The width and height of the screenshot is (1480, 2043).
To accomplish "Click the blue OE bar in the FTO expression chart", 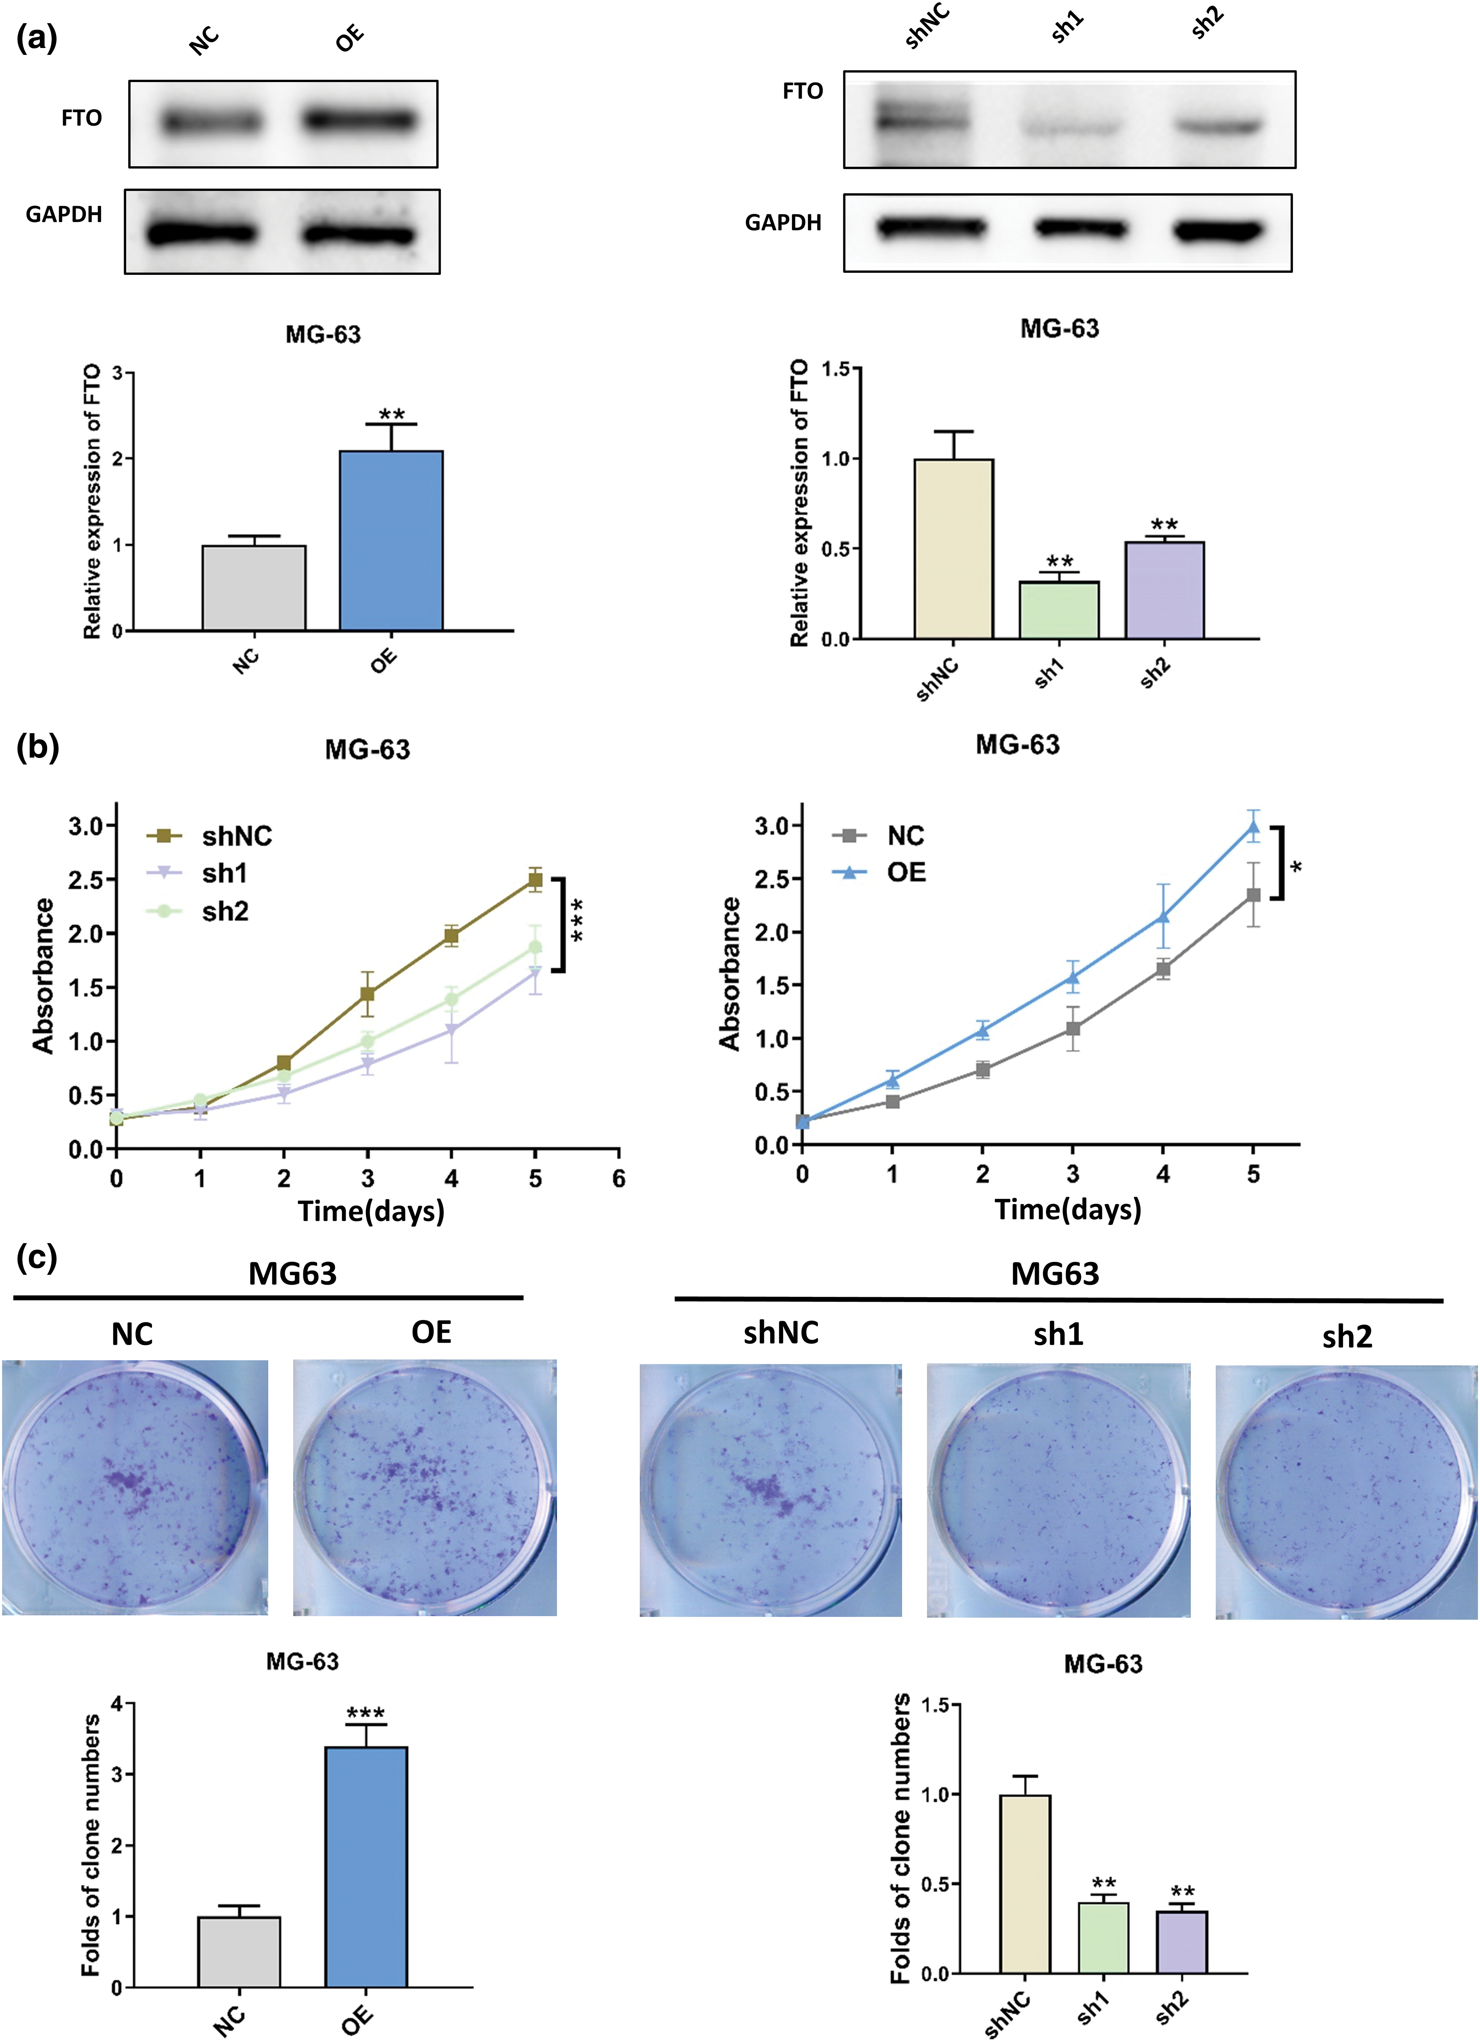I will point(391,540).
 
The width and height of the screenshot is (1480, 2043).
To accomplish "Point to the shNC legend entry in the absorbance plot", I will point(236,836).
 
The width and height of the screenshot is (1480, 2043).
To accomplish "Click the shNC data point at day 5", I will point(535,880).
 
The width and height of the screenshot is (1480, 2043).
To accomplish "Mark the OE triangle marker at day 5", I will point(1253,827).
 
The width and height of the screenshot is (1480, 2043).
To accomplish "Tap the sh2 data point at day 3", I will point(368,1041).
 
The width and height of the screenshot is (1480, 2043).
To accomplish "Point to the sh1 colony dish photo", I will point(1058,1491).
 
